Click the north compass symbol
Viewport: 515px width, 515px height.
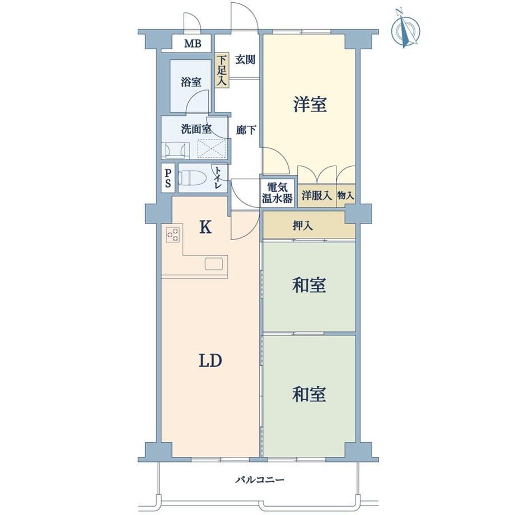(406, 29)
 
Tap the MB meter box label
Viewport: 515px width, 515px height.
(193, 43)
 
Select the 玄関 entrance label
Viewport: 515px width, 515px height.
(245, 60)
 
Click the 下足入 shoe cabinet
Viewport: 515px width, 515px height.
(222, 71)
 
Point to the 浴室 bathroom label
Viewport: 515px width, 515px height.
(191, 82)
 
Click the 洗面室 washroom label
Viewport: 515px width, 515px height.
(196, 129)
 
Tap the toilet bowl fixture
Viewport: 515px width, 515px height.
(192, 179)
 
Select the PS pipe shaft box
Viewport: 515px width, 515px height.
(168, 179)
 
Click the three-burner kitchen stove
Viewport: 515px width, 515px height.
(173, 235)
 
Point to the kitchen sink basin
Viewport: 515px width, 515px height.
(214, 264)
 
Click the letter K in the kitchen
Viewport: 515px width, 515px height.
(205, 227)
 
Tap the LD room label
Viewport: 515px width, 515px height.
(210, 360)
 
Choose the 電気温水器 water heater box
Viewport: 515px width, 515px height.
(277, 193)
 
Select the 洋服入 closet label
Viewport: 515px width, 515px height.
(316, 196)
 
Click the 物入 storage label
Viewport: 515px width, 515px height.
(345, 196)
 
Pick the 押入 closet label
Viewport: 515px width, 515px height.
(302, 226)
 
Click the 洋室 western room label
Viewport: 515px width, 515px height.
(310, 104)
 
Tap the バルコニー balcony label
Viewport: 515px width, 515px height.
(260, 480)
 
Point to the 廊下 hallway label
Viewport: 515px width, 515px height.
(246, 130)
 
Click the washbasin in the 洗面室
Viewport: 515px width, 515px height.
(175, 150)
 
